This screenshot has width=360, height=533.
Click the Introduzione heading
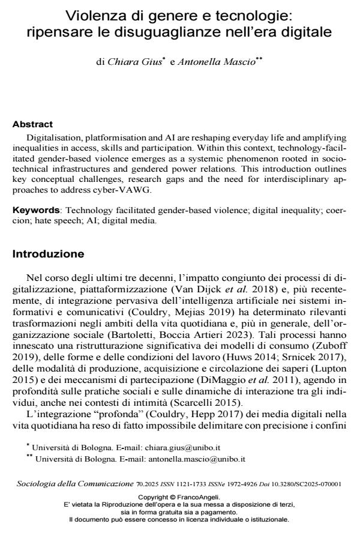tap(49, 254)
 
